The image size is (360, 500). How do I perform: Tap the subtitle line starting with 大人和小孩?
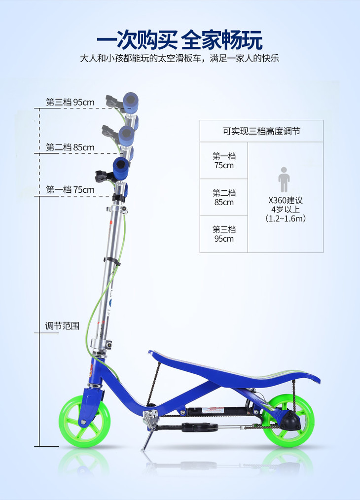180,58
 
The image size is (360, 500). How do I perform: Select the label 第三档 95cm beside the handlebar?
70,103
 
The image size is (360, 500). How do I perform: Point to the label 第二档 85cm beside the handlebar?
70,147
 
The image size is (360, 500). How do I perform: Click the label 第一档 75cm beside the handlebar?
70,190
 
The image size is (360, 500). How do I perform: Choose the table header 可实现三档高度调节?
261,131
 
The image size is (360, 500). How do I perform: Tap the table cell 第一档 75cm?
224,161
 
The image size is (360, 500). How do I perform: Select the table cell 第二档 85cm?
224,197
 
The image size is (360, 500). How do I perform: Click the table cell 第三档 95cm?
224,234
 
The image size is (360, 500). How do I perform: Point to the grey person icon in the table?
285,179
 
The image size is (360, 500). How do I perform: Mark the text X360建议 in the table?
285,201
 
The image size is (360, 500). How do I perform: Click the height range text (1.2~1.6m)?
285,218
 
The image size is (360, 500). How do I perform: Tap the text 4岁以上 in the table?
285,210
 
